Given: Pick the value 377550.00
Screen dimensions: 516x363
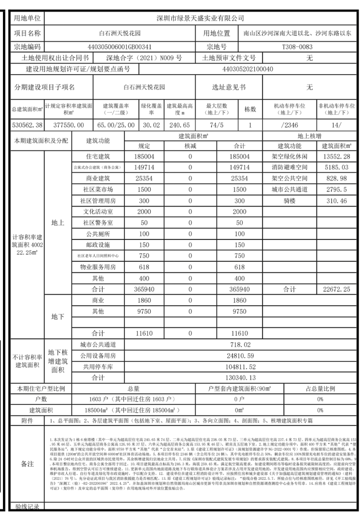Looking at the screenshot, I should tap(69, 125).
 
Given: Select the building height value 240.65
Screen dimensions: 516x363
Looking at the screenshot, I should tap(179, 125).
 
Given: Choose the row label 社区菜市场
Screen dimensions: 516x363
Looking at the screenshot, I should tap(99, 189).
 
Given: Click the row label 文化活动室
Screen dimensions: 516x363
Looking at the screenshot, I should tap(99, 212).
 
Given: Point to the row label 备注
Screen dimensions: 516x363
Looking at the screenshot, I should tap(27, 463).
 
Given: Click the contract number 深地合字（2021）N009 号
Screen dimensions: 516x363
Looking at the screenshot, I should tap(144, 58).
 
